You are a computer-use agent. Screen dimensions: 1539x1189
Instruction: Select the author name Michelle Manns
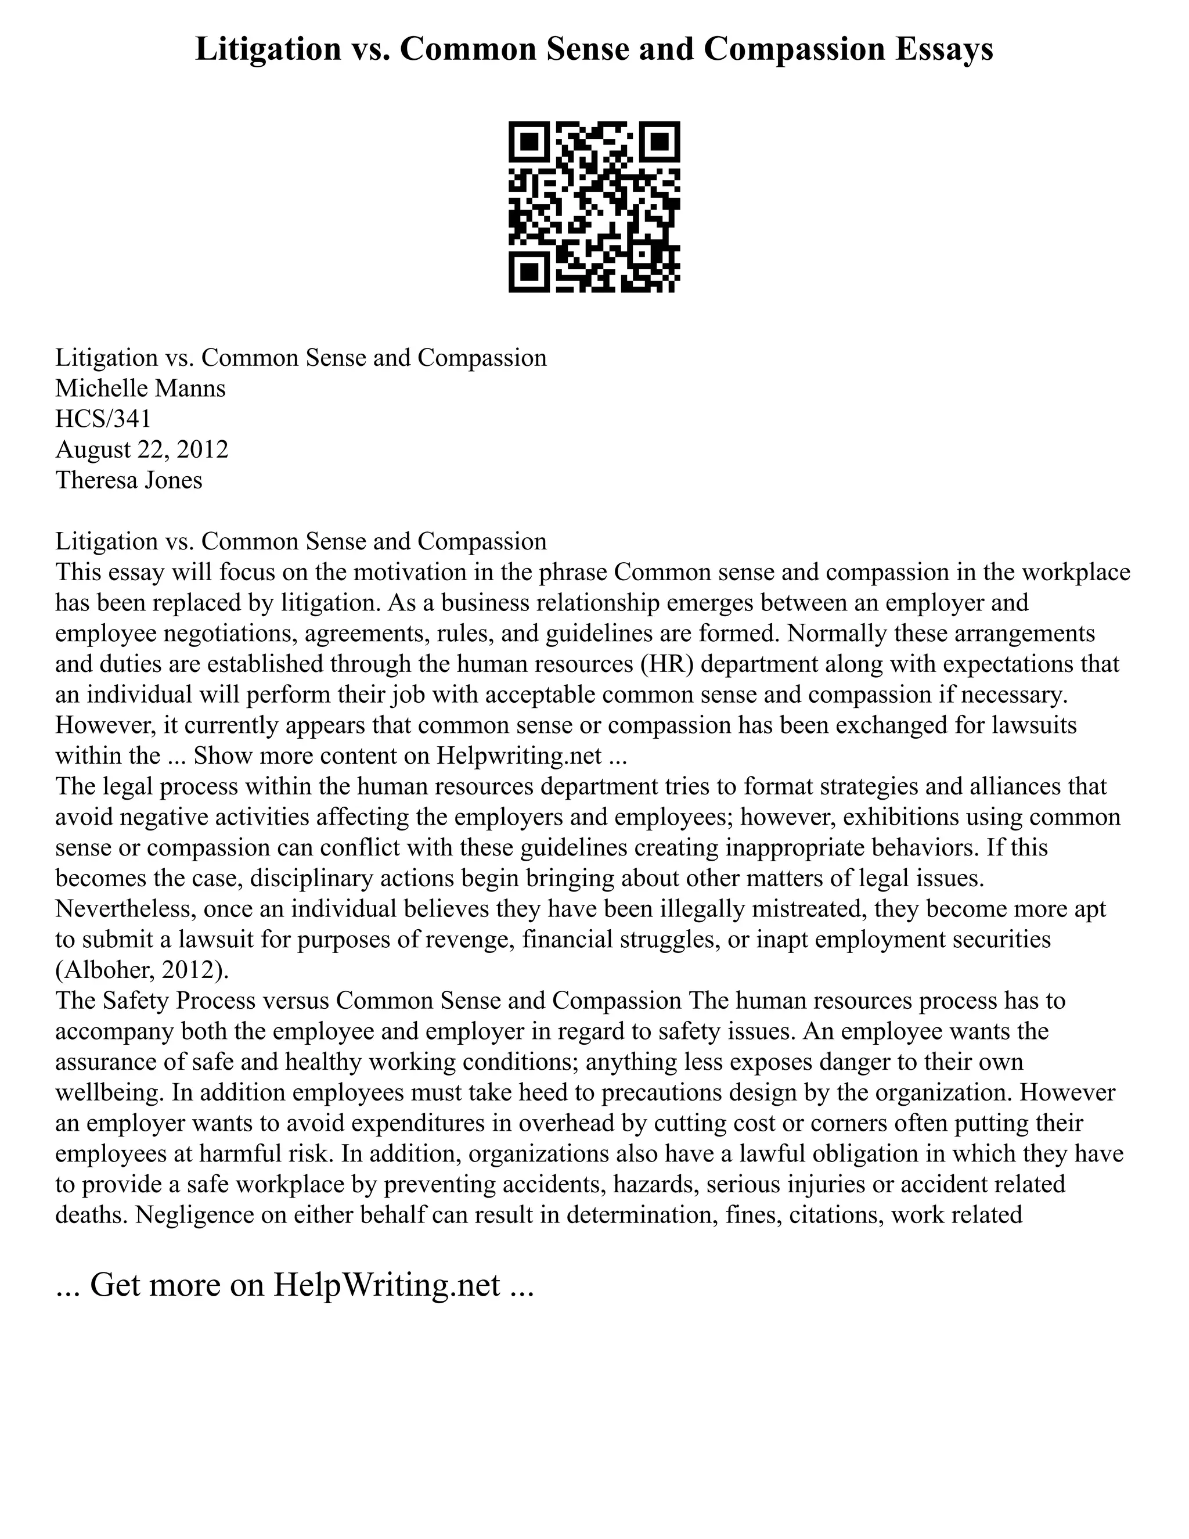click(141, 389)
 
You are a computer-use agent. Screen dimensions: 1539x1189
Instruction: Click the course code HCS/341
click(103, 419)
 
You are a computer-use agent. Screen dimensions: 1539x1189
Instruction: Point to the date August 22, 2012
click(142, 449)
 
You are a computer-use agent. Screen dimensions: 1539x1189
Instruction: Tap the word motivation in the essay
click(410, 571)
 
